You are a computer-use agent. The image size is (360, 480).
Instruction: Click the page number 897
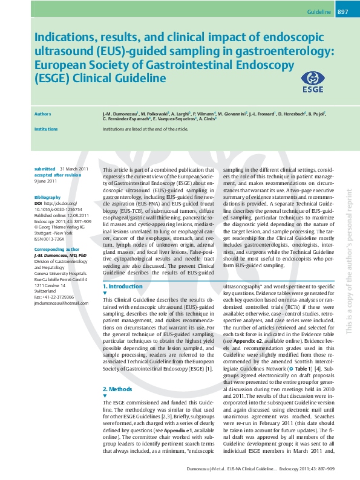pos(342,11)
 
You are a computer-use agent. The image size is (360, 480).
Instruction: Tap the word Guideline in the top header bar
pos(319,11)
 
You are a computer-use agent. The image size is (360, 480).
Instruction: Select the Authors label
pos(42,113)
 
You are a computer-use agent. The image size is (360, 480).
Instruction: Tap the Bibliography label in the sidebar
pos(48,198)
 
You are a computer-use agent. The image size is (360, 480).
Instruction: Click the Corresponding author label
pos(57,249)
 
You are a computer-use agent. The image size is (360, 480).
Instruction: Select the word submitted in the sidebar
pos(45,169)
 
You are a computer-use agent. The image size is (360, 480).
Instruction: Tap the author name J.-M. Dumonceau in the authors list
pos(120,113)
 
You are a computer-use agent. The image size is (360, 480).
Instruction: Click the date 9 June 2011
pos(45,181)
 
